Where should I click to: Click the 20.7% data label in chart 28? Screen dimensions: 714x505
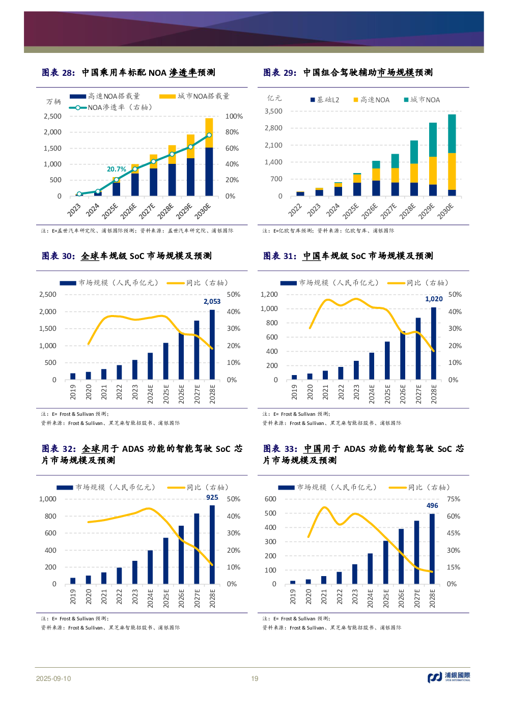(116, 169)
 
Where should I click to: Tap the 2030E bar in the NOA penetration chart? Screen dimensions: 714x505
(209, 158)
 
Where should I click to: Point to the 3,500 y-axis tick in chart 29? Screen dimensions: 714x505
(273, 111)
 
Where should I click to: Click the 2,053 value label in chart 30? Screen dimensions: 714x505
(212, 301)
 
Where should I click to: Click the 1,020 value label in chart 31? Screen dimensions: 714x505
(434, 299)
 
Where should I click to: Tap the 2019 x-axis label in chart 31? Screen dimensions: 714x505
(294, 392)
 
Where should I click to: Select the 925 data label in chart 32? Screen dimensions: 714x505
(212, 497)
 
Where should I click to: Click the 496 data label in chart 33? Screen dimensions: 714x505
(432, 505)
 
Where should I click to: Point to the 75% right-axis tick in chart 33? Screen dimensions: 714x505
(453, 499)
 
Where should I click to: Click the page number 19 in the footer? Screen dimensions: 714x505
(255, 678)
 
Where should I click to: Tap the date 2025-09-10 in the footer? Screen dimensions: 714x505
(53, 678)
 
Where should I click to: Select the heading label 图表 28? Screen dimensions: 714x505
(58, 73)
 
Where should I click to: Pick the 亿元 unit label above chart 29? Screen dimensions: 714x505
(274, 98)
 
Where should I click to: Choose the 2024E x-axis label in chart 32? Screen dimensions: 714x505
(150, 596)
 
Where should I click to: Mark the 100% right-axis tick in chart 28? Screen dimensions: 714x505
(234, 116)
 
